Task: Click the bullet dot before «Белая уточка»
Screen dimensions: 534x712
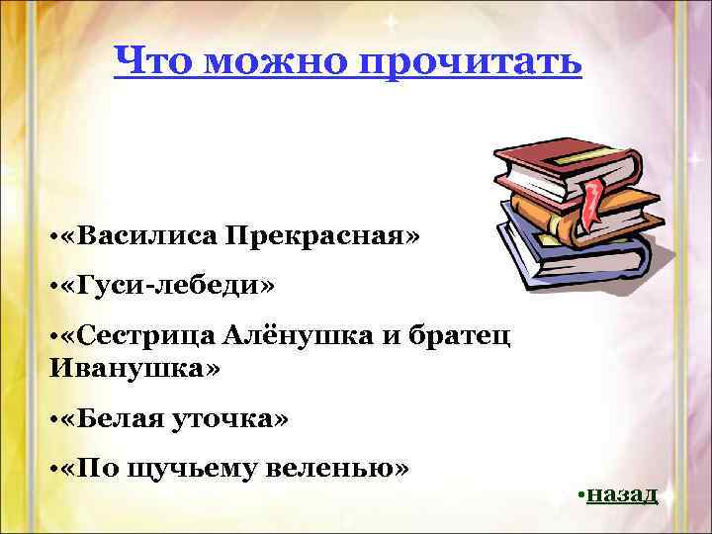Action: click(50, 420)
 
